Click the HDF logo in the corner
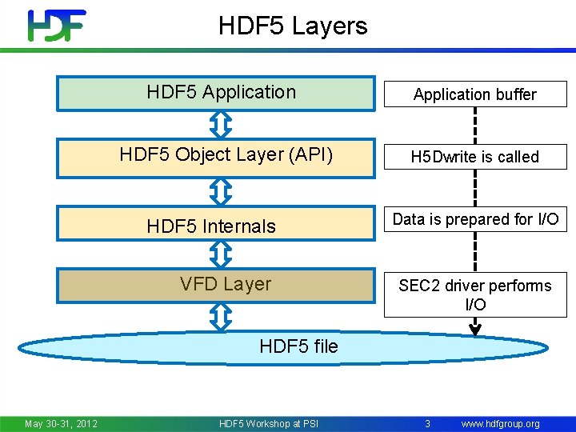pyautogui.click(x=56, y=26)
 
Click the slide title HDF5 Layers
pyautogui.click(x=293, y=26)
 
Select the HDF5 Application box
pyautogui.click(x=215, y=93)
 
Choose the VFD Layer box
pyautogui.click(x=215, y=286)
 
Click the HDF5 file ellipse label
pyautogui.click(x=298, y=346)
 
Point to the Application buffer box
pyautogui.click(x=474, y=94)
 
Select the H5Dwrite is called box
pyautogui.click(x=474, y=157)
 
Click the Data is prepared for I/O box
pyautogui.click(x=474, y=219)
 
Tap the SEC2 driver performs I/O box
pyautogui.click(x=474, y=295)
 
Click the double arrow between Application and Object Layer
pyautogui.click(x=222, y=124)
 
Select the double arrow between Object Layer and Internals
pyautogui.click(x=222, y=190)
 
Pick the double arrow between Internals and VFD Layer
pyautogui.click(x=222, y=254)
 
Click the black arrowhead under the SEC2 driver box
pyautogui.click(x=475, y=328)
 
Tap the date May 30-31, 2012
pyautogui.click(x=61, y=423)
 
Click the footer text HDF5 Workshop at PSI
pyautogui.click(x=268, y=423)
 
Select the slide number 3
pyautogui.click(x=428, y=423)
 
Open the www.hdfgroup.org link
pyautogui.click(x=501, y=423)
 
